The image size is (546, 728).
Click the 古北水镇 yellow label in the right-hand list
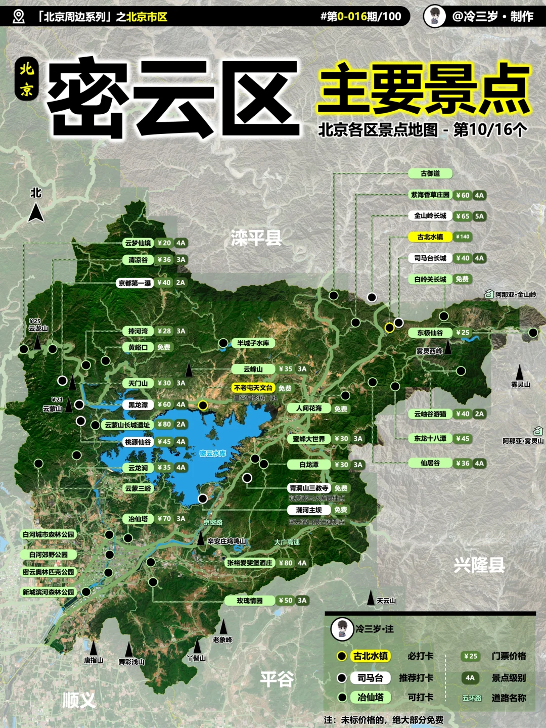click(430, 237)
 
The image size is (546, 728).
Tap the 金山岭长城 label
click(430, 216)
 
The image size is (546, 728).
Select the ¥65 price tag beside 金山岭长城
click(462, 216)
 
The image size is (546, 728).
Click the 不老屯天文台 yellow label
click(253, 388)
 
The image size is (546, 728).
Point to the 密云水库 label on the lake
click(212, 453)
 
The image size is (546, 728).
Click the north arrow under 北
click(36, 212)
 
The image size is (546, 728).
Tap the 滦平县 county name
click(256, 238)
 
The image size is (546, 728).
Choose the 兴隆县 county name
click(479, 565)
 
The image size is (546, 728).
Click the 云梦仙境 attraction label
click(138, 243)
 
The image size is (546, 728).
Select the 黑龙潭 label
click(138, 404)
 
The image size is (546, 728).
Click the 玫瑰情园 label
click(250, 601)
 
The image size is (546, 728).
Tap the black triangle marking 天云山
click(371, 598)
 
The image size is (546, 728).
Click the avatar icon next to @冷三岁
click(434, 16)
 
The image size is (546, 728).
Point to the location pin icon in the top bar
click(19, 17)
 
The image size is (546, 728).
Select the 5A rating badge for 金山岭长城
click(479, 216)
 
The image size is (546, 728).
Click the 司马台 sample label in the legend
click(370, 678)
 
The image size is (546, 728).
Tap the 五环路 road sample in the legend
click(471, 698)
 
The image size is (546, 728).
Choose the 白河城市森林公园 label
click(48, 534)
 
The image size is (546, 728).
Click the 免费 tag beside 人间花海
click(341, 408)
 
